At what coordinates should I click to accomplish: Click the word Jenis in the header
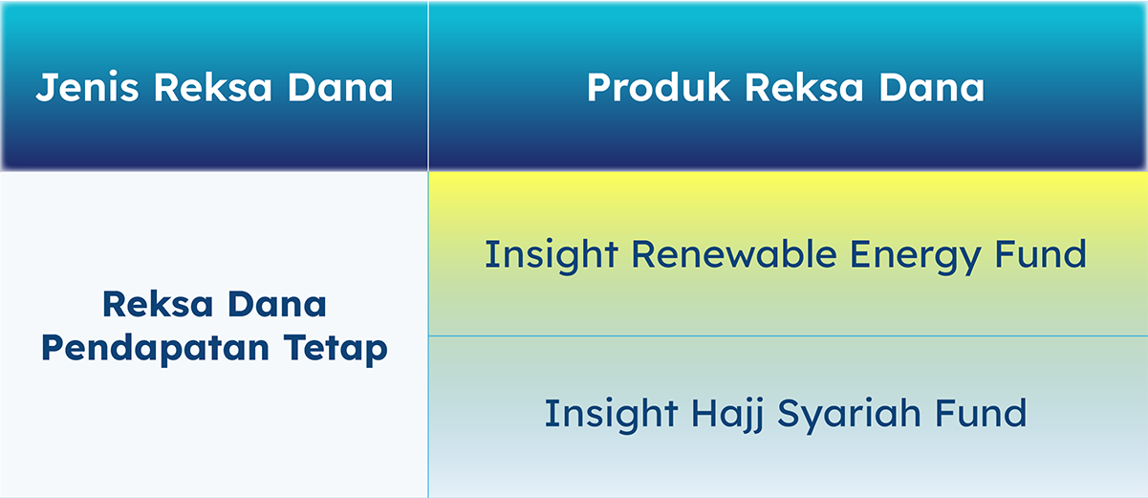87,88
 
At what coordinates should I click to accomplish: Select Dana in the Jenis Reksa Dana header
340,87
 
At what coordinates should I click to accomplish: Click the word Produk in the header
658,87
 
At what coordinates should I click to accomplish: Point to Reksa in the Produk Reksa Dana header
804,87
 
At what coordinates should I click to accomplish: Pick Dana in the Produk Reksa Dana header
932,87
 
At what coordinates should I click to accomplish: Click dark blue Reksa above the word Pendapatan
158,304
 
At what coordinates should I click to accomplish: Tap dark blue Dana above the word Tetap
277,304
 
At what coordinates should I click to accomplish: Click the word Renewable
734,254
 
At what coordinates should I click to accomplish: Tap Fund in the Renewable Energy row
1040,254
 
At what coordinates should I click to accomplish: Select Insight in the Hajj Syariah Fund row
611,415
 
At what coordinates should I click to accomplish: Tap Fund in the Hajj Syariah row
981,413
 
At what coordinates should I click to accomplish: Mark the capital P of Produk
599,88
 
